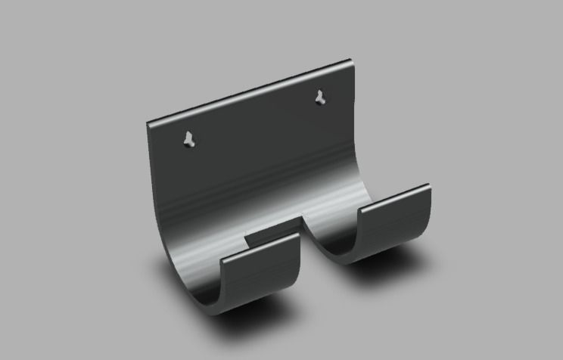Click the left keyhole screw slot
coord(189,139)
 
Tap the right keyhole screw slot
coord(321,97)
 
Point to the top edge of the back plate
coord(250,90)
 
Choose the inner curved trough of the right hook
coord(341,227)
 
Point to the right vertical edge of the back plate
coord(354,113)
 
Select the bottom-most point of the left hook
coord(219,312)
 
